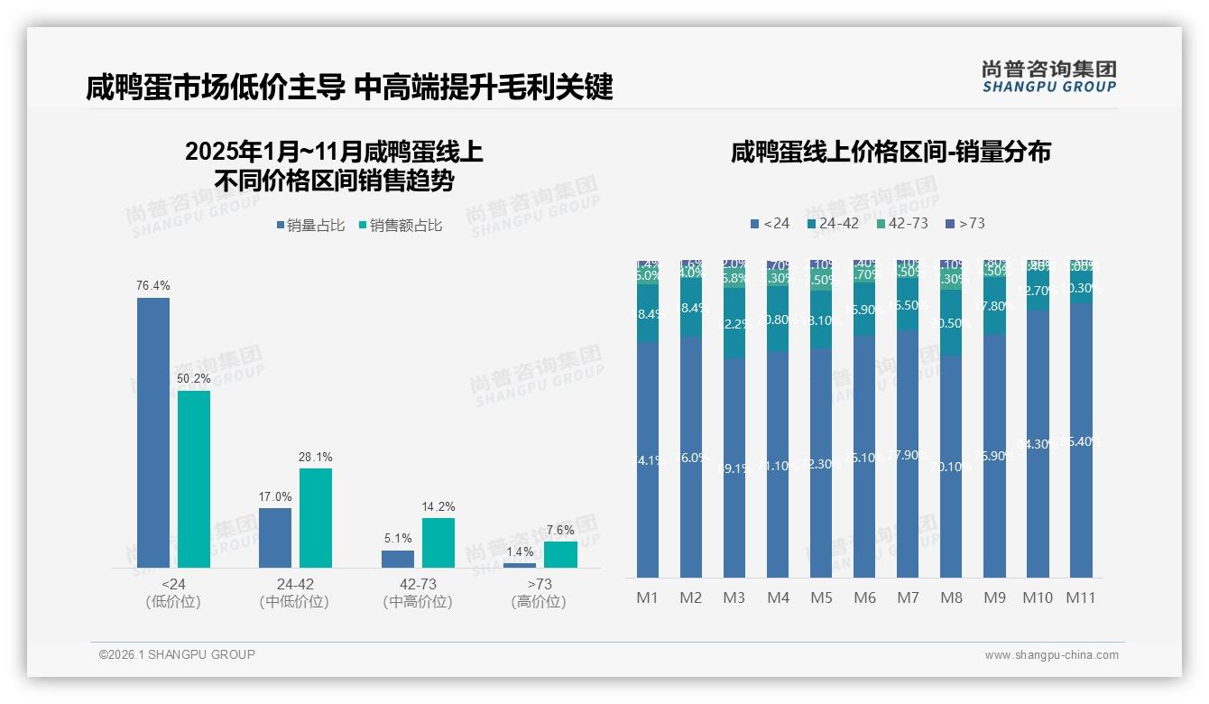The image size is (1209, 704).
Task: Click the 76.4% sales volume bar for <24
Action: pyautogui.click(x=153, y=432)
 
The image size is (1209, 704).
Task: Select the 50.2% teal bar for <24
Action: pyautogui.click(x=194, y=478)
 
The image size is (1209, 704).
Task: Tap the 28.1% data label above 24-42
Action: pyautogui.click(x=316, y=457)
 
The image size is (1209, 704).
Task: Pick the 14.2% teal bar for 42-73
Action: pyautogui.click(x=438, y=542)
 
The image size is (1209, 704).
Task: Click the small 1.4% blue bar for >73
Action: pyautogui.click(x=520, y=565)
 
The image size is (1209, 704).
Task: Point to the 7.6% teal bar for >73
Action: pyautogui.click(x=560, y=554)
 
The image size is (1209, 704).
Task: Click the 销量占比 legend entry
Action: pyautogui.click(x=310, y=226)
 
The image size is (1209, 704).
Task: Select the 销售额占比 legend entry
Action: pyautogui.click(x=400, y=226)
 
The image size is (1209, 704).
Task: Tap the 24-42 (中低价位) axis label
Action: pyautogui.click(x=294, y=593)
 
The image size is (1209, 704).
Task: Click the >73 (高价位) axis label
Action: pyautogui.click(x=539, y=593)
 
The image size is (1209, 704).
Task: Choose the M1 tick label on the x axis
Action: pyautogui.click(x=648, y=597)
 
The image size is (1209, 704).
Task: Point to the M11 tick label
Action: pyautogui.click(x=1080, y=597)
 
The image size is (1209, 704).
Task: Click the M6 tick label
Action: pyautogui.click(x=864, y=597)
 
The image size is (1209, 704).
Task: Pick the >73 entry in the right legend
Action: pyautogui.click(x=964, y=223)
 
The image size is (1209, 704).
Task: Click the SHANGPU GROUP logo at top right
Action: pyautogui.click(x=1048, y=77)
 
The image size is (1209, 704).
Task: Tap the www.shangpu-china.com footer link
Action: pyautogui.click(x=1051, y=655)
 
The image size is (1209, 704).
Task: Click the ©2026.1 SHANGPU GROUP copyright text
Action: pyautogui.click(x=177, y=654)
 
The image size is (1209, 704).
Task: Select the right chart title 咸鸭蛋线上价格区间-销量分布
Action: pyautogui.click(x=891, y=152)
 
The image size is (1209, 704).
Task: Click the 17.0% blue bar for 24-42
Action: pyautogui.click(x=275, y=538)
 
